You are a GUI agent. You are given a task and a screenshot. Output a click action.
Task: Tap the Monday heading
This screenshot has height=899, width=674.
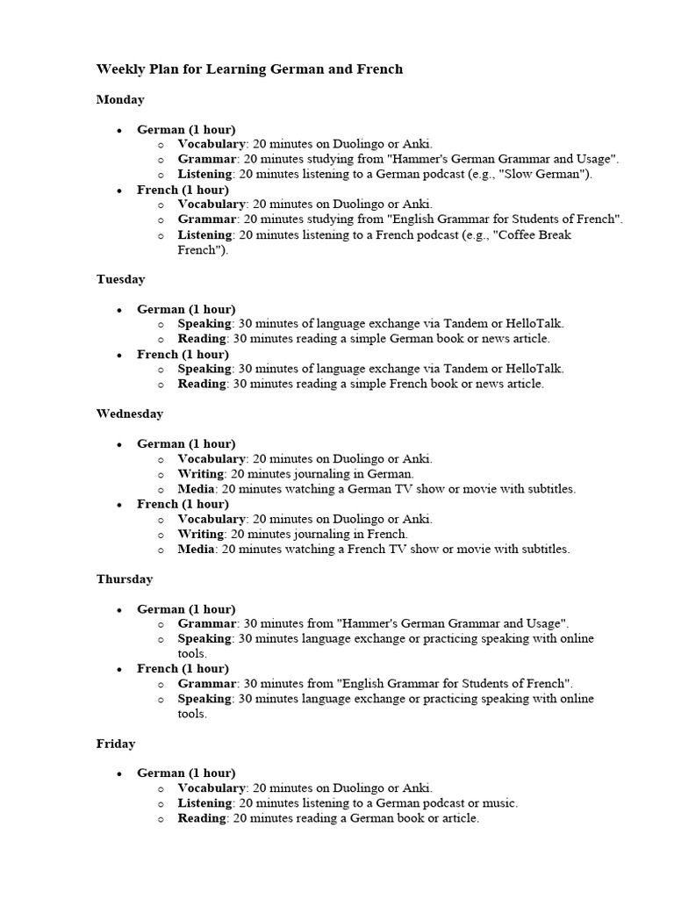[x=120, y=100]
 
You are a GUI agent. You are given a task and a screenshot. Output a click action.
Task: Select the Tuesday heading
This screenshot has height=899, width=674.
[x=121, y=279]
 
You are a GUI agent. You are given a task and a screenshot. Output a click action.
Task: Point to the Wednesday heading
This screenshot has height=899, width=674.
[x=130, y=414]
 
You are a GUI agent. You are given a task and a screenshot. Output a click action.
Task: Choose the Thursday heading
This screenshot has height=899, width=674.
[x=125, y=579]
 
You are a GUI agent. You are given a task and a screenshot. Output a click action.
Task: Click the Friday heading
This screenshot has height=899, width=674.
[x=116, y=744]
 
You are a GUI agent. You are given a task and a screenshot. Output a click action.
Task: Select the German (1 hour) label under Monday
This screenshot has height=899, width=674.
[x=186, y=129]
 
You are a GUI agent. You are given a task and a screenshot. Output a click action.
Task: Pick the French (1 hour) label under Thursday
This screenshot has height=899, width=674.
[x=183, y=669]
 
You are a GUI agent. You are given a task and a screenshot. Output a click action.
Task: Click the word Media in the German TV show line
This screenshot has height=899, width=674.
[x=197, y=489]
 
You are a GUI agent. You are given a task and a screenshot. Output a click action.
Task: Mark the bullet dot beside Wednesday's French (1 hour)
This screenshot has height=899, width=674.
[x=118, y=505]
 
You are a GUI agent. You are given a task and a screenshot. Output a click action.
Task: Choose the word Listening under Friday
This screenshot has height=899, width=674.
[x=205, y=802]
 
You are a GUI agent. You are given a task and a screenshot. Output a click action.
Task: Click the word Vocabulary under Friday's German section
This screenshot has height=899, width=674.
[x=212, y=788]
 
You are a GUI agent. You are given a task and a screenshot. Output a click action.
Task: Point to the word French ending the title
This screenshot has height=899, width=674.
[x=382, y=68]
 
